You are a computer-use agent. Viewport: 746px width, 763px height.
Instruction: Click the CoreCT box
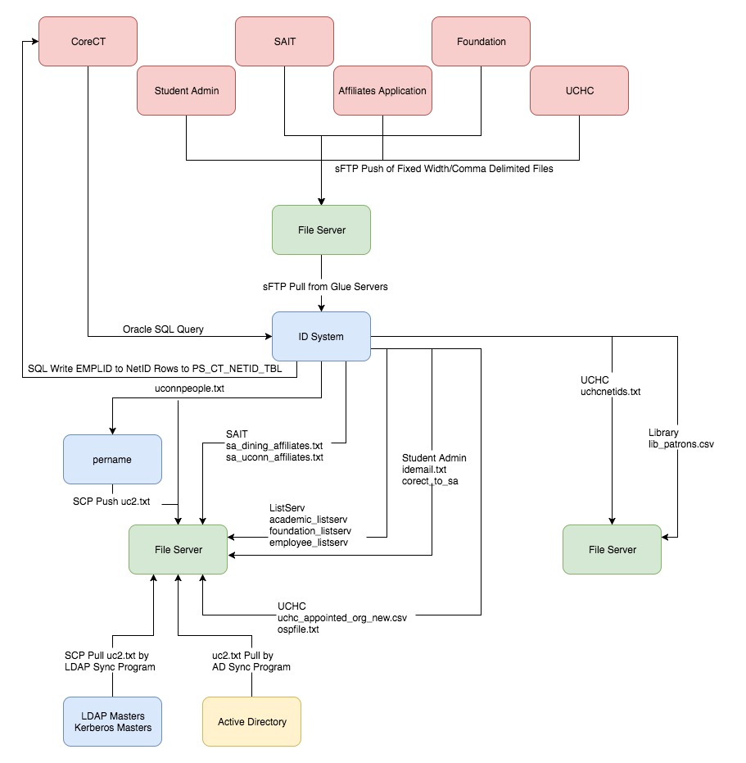(88, 41)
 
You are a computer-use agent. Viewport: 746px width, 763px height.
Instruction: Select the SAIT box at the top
(284, 41)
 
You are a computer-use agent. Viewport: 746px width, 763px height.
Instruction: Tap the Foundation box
(481, 41)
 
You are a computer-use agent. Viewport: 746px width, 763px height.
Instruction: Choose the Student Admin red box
(186, 90)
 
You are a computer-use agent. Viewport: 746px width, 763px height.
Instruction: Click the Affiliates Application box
(382, 90)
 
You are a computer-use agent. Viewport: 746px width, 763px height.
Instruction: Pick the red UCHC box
(579, 90)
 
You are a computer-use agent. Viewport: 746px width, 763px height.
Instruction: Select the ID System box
(322, 336)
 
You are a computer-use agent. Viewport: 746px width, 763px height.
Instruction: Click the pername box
(112, 459)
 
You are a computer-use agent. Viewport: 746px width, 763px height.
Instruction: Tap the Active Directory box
(252, 722)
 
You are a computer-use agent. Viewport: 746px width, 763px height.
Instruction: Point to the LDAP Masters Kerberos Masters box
(112, 722)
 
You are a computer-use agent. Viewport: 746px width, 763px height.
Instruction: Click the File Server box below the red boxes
(322, 229)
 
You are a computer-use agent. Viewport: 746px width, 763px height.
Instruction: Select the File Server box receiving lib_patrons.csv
(613, 549)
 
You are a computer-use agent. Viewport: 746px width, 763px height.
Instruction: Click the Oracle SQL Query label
(163, 329)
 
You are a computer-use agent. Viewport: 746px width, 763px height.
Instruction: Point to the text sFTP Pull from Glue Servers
(325, 287)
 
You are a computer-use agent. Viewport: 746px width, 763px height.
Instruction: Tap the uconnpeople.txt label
(190, 388)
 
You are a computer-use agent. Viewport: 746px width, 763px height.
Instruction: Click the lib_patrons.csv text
(681, 444)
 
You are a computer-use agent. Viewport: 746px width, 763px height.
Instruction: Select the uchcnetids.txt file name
(610, 392)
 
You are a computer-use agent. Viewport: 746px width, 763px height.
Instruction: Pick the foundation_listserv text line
(310, 531)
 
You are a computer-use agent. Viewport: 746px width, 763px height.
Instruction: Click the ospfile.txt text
(298, 629)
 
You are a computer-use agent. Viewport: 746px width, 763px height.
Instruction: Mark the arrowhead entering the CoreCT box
(35, 41)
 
